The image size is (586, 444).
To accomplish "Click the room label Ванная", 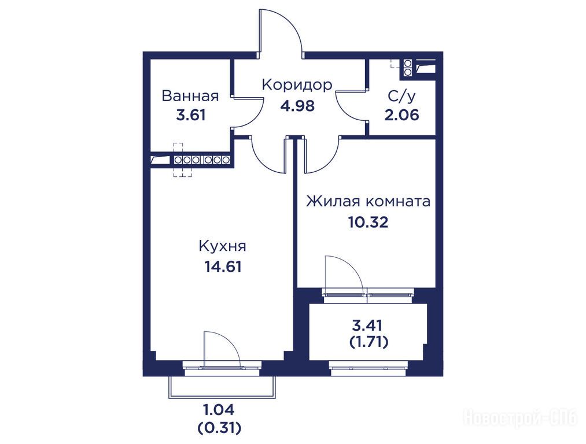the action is [x=190, y=96].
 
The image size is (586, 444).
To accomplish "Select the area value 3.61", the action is [x=191, y=114].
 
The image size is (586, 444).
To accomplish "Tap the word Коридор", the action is [x=297, y=85].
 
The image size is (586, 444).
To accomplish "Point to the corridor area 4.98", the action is [x=297, y=106].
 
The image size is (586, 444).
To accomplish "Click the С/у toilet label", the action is [x=401, y=96].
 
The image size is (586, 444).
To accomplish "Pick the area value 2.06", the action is [x=401, y=114].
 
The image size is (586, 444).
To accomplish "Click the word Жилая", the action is [x=333, y=202].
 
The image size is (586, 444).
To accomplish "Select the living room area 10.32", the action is [x=368, y=222].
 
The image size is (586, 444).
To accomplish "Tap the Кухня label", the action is [x=222, y=246].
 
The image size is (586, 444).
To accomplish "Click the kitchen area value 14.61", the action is [x=223, y=267].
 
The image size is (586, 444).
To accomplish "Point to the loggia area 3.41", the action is [x=367, y=325].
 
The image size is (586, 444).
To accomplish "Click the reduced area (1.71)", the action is [x=368, y=342].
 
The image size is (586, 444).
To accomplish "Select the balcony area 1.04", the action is [x=219, y=410].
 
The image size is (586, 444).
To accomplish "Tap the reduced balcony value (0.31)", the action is [x=219, y=427].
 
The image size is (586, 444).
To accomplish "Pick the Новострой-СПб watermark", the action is [x=521, y=417].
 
